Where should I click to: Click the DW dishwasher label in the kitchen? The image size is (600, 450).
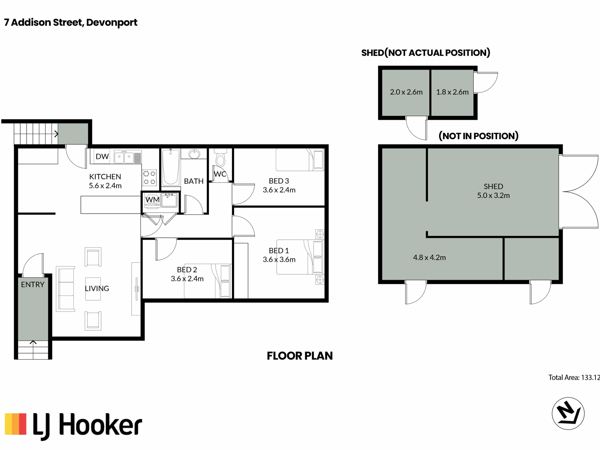102,156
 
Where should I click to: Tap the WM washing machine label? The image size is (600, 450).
152,199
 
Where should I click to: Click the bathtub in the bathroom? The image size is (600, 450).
171,167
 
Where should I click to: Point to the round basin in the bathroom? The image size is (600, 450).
194,154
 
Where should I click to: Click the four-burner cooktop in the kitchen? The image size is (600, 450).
149,177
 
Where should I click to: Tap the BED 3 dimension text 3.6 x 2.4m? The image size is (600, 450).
279,190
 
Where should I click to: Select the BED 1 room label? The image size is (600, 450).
279,250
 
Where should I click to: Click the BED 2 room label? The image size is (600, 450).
187,269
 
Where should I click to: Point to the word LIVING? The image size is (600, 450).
97,288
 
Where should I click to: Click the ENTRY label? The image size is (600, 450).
32,284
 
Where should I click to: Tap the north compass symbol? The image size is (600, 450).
568,413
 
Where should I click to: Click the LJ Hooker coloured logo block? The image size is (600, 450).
16,424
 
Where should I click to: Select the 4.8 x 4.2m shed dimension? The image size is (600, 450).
429,257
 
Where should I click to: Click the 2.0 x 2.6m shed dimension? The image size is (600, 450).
406,92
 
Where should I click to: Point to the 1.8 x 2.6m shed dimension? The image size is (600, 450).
452,92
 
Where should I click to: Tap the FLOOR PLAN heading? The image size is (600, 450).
300,356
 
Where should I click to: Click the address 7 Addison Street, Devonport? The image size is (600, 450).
71,23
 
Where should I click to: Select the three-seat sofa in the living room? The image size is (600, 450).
65,289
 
